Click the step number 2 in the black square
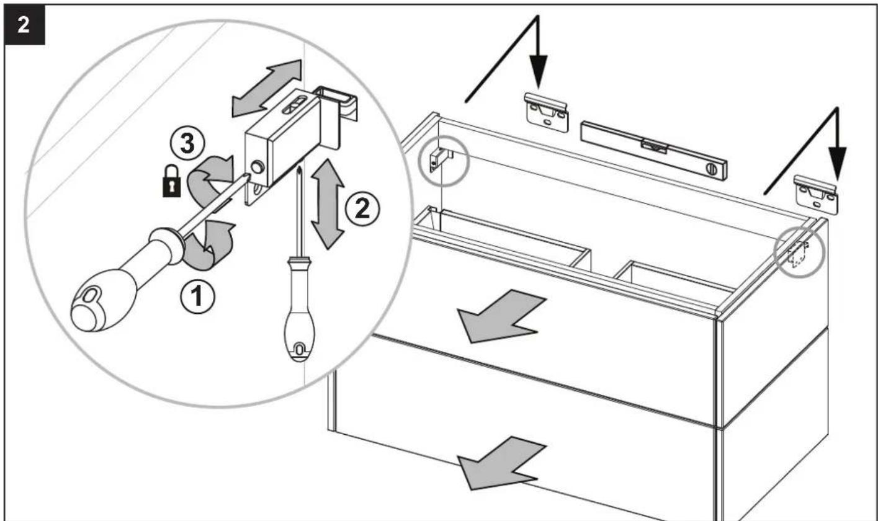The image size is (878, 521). point(21,23)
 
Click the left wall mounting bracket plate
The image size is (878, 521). point(546,113)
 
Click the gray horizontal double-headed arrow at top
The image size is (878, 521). point(266,89)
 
